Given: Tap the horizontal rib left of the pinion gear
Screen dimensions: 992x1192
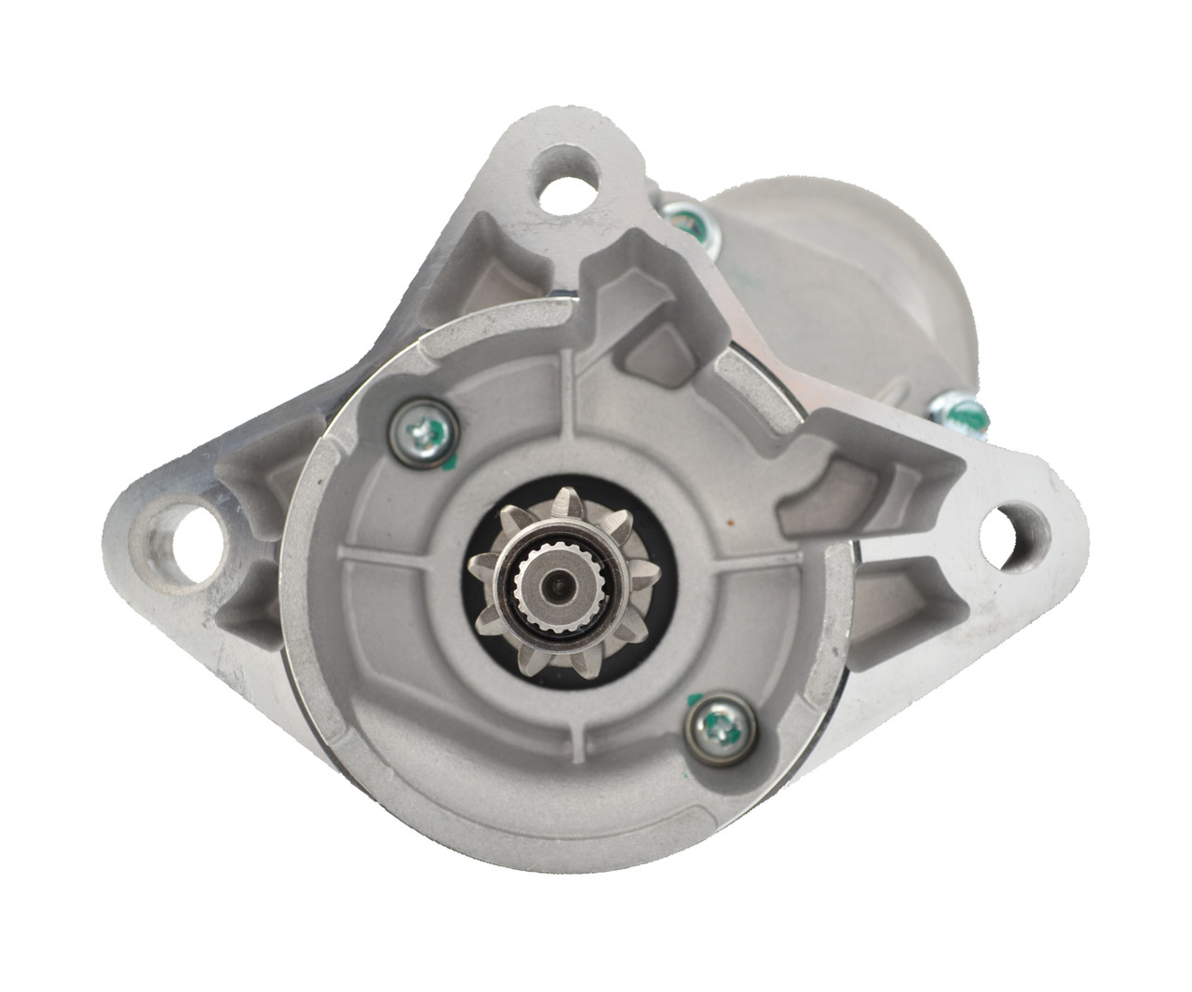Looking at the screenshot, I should [400, 559].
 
